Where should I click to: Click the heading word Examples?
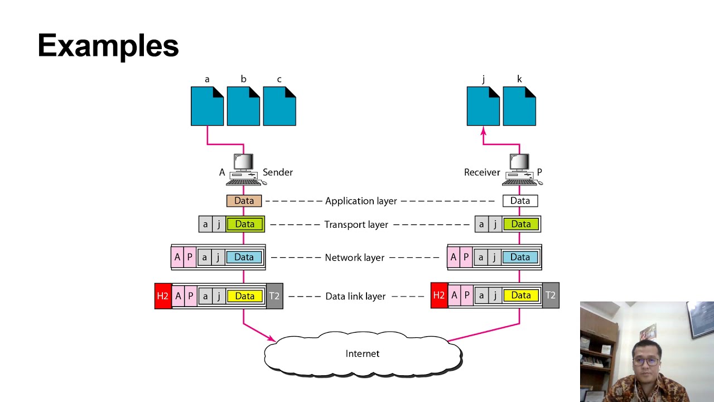[108, 46]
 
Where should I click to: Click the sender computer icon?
[244, 170]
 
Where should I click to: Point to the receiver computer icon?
[520, 170]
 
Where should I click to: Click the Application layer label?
[361, 201]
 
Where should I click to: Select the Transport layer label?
[356, 224]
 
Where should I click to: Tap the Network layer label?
[354, 257]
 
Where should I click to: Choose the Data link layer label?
[355, 296]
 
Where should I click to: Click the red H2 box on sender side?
[162, 296]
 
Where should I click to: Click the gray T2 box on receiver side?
[551, 295]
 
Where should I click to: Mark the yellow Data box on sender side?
[244, 296]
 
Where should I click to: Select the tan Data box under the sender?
[244, 200]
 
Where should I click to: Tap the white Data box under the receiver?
[520, 200]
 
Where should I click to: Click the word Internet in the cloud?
[363, 353]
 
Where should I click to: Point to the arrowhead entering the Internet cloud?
[272, 338]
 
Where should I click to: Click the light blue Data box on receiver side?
[520, 257]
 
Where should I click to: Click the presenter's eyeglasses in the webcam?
[646, 361]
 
